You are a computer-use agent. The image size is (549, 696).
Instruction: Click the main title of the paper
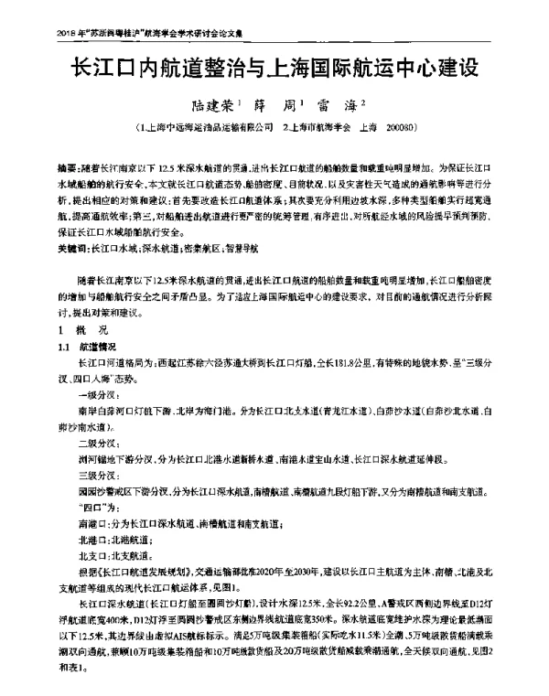(274, 69)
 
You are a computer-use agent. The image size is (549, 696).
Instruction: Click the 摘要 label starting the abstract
(66, 170)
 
